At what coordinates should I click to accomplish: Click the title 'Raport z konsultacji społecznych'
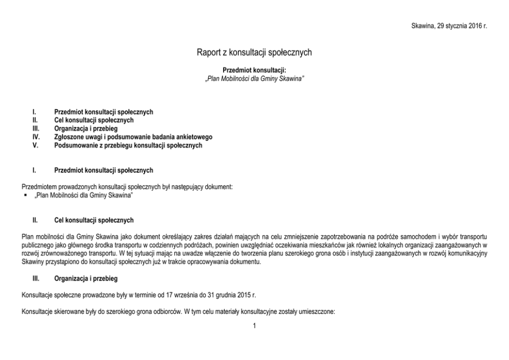254,52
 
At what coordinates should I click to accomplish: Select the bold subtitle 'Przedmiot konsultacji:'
254,70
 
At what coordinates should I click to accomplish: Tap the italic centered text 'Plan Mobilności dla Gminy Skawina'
254,78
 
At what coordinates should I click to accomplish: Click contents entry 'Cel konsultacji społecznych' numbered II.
94,120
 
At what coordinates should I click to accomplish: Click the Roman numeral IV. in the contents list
36,137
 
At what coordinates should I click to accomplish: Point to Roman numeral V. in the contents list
35,145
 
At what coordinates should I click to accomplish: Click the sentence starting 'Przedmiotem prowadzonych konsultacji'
127,187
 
